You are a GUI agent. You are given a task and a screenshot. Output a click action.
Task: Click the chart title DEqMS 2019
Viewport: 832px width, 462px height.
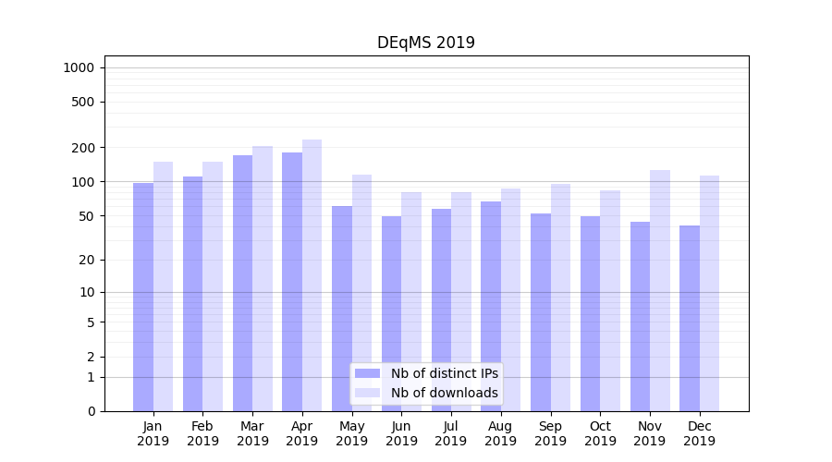[x=425, y=43]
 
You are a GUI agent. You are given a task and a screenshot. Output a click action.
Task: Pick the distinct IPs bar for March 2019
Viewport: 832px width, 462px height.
[x=242, y=283]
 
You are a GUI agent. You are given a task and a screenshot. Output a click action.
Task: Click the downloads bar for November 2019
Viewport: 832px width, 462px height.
[x=660, y=290]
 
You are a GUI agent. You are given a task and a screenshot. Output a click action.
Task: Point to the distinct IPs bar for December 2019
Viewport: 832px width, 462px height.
[x=690, y=318]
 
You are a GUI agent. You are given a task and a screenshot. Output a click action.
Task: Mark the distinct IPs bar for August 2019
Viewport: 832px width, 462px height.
[x=491, y=306]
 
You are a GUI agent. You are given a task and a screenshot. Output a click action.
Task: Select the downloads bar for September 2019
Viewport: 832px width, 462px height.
[x=560, y=297]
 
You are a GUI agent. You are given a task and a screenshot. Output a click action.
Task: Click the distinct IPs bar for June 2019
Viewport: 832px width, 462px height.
[x=391, y=313]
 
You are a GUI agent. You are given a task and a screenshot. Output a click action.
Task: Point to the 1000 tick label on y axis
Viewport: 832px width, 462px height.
[x=79, y=67]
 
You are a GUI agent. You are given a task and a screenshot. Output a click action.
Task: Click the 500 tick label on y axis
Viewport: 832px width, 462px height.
[x=84, y=102]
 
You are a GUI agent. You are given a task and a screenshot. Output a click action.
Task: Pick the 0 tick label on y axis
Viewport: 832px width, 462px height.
[x=91, y=411]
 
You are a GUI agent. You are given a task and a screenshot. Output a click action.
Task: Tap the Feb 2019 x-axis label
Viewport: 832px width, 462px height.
[x=202, y=433]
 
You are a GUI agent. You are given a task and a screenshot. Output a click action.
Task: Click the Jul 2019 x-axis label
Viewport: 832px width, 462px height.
[x=451, y=433]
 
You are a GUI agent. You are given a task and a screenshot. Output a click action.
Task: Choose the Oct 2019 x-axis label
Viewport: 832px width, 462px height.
[x=600, y=433]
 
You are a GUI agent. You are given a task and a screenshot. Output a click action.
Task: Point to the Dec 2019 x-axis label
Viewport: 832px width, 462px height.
[x=699, y=433]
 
